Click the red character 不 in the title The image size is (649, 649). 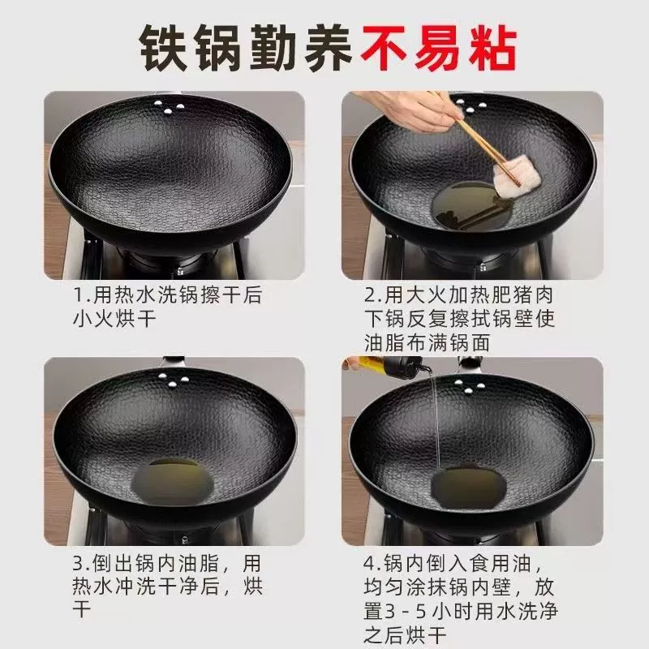(384, 49)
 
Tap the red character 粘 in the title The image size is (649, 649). (492, 49)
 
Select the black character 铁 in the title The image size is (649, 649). (164, 49)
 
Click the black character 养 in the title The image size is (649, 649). (328, 49)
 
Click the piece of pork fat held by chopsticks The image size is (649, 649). (518, 176)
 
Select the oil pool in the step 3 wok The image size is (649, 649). (173, 481)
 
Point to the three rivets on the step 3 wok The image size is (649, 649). (173, 380)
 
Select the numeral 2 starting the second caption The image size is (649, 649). (370, 295)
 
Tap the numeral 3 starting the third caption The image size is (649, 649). (78, 564)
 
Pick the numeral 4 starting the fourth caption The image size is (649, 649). (370, 564)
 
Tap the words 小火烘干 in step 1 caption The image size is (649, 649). (114, 319)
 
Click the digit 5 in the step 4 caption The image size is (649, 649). (421, 612)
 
